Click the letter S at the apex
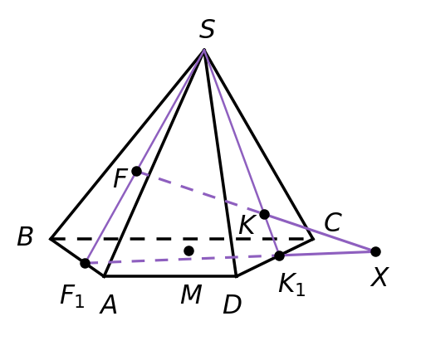click(x=207, y=28)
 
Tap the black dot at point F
click(x=136, y=172)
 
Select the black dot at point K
click(x=264, y=214)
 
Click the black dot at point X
click(x=375, y=251)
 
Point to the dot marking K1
click(x=279, y=255)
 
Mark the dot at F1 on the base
click(x=85, y=263)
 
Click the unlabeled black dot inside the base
click(x=188, y=251)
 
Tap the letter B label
click(x=25, y=236)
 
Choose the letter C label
click(x=333, y=222)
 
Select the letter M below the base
click(x=191, y=294)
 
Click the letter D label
click(x=233, y=304)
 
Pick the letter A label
click(x=109, y=304)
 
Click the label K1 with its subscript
click(x=291, y=285)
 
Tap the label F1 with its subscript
click(x=72, y=296)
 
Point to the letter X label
click(x=379, y=277)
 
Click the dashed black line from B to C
click(x=182, y=239)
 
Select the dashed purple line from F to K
click(x=200, y=193)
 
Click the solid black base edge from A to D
click(x=170, y=276)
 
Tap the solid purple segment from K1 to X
click(x=327, y=254)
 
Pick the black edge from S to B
click(x=127, y=144)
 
